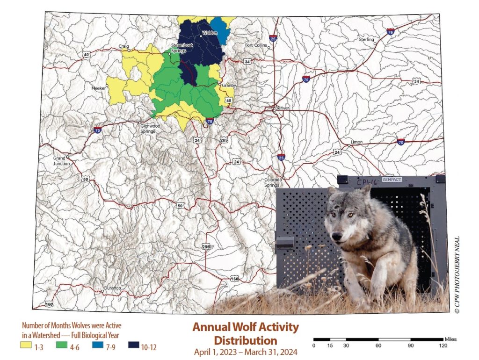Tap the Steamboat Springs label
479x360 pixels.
[178, 48]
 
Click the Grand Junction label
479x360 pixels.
[62, 161]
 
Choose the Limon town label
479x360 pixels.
[356, 142]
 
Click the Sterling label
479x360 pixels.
[367, 40]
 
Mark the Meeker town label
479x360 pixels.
[98, 88]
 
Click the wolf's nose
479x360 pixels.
[338, 235]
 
